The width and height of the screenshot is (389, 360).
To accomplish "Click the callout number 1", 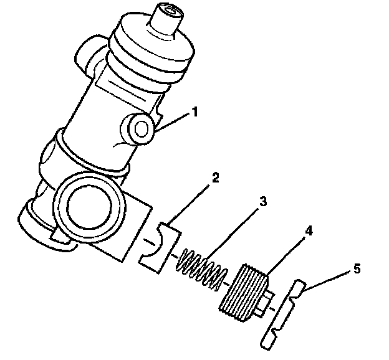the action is [195, 112].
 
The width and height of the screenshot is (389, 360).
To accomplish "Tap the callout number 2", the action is [215, 178].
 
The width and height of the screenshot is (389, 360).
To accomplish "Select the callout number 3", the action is [263, 201].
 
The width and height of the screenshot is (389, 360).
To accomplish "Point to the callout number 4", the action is [309, 231].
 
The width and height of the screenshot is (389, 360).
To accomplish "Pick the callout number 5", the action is [357, 269].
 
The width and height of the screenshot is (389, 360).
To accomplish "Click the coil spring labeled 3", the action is [201, 269].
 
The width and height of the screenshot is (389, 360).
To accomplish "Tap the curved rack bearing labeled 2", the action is [160, 247].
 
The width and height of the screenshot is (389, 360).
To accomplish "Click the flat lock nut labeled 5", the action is [282, 315].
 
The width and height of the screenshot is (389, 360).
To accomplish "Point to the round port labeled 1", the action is [141, 129].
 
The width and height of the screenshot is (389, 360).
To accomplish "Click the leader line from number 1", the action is [173, 122].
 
